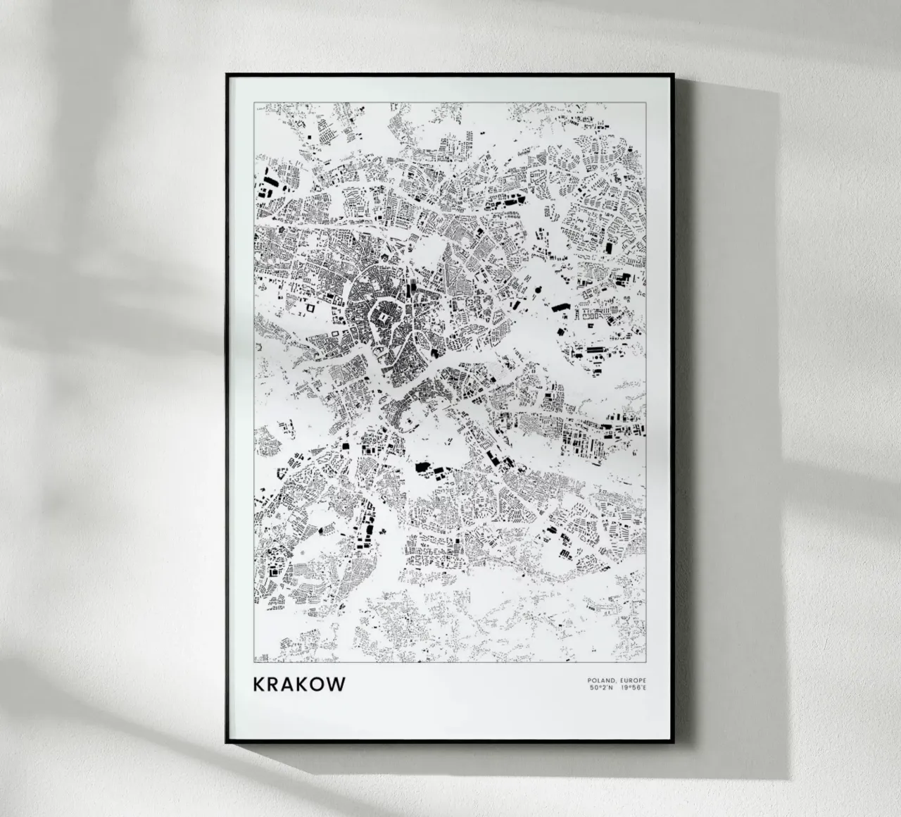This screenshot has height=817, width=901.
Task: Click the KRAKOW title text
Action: tap(299, 684)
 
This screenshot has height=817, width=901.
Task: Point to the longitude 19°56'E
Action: tap(634, 687)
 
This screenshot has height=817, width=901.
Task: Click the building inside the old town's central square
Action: tap(382, 321)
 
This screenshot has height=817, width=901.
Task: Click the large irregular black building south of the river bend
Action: tap(424, 466)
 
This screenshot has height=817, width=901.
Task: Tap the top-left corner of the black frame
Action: tap(227, 75)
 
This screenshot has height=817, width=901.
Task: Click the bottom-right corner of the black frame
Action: tap(675, 742)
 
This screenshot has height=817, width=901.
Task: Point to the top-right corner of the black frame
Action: tap(675, 75)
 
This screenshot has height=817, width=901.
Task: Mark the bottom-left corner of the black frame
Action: tap(227, 742)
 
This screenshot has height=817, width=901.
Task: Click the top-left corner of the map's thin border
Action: tap(254, 102)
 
